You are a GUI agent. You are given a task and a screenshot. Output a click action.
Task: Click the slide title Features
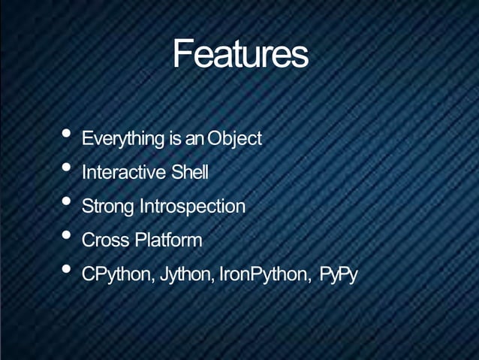tap(239, 54)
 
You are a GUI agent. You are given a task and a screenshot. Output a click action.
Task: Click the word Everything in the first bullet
tap(123, 139)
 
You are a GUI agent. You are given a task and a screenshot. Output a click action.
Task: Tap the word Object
tap(234, 139)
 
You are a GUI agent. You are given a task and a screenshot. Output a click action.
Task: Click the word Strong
tap(107, 207)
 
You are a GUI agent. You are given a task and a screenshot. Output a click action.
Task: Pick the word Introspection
tap(191, 207)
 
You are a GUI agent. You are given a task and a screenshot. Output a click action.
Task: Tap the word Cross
tap(106, 241)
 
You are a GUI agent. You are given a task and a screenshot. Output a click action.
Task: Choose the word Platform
tap(168, 241)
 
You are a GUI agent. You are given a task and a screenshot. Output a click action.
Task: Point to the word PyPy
tap(338, 275)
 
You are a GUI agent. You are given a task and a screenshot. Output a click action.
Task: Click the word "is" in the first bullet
tap(176, 139)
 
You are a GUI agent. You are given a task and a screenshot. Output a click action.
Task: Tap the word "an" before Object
tap(195, 139)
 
